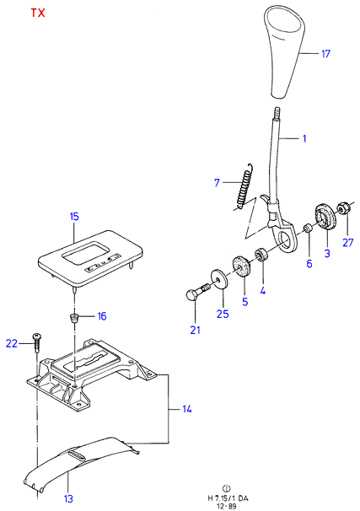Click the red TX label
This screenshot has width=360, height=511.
[x=38, y=13]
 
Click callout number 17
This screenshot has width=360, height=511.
[x=325, y=54]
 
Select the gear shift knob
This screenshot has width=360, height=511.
[x=286, y=51]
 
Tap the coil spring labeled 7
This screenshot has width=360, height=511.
[x=244, y=186]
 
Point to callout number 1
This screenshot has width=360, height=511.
[x=304, y=138]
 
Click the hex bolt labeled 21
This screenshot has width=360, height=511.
[x=197, y=292]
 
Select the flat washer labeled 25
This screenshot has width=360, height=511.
[x=219, y=277]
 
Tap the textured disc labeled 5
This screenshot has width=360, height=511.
[x=241, y=266]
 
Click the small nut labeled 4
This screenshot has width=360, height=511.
[x=261, y=255]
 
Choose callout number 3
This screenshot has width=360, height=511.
[x=327, y=253]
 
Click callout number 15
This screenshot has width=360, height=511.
[x=74, y=217]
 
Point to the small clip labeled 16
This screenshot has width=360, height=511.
[x=74, y=317]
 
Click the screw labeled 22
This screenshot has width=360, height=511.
[x=37, y=342]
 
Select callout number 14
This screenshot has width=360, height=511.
[x=186, y=409]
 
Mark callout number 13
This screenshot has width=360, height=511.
[x=68, y=498]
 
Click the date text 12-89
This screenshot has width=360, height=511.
[x=228, y=506]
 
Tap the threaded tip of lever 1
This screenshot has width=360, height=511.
[x=277, y=113]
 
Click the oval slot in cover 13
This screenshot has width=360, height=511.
[x=78, y=455]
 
